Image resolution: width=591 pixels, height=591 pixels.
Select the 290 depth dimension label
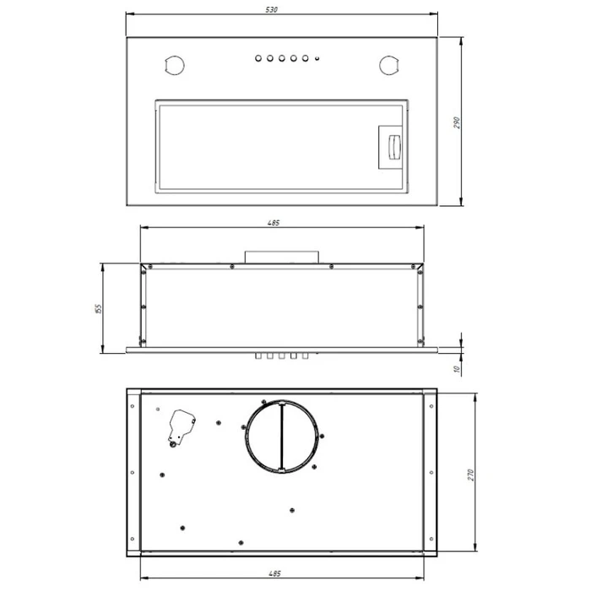click(x=457, y=122)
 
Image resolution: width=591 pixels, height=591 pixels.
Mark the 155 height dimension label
click(x=98, y=309)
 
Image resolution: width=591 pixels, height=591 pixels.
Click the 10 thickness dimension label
click(x=457, y=369)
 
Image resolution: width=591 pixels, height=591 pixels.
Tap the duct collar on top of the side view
click(x=282, y=256)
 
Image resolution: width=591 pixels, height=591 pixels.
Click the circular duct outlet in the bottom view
click(x=282, y=437)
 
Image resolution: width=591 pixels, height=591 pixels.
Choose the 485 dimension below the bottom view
click(x=275, y=574)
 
